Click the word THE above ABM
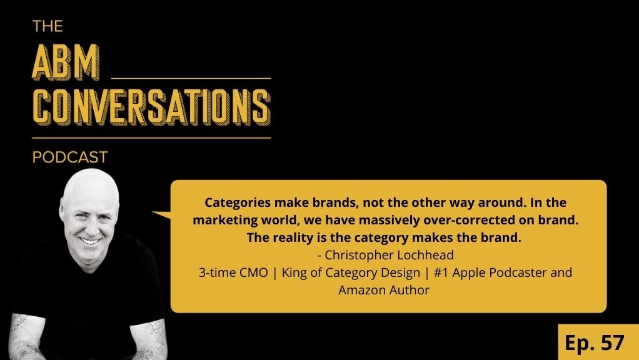47,26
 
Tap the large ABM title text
67,61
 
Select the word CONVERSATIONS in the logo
151,108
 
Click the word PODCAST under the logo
70,157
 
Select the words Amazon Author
384,290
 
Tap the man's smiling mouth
89,240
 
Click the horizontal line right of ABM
190,78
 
